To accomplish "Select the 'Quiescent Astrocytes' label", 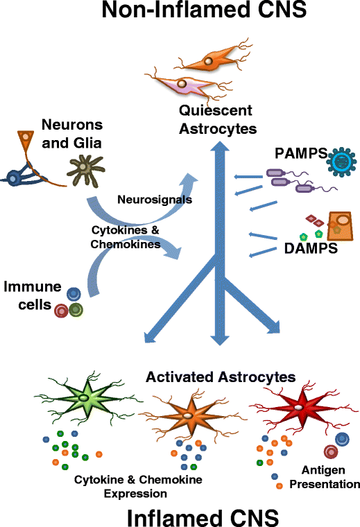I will (x=218, y=120).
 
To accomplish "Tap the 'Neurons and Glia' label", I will (x=71, y=132).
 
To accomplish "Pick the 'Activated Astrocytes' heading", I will (x=220, y=377).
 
